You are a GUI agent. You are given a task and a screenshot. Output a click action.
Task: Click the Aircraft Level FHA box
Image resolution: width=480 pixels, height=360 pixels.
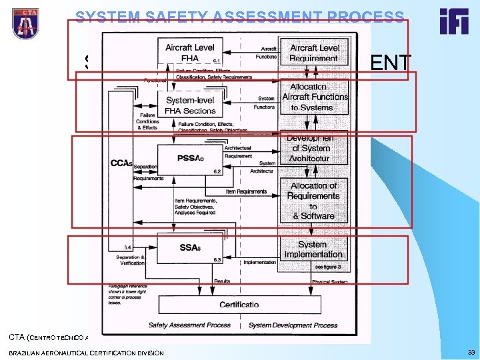[x=189, y=53]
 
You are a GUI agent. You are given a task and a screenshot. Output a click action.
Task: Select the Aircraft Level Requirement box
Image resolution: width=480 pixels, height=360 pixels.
[x=313, y=53]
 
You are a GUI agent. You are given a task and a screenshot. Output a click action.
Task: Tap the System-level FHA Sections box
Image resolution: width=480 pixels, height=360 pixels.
[x=190, y=105]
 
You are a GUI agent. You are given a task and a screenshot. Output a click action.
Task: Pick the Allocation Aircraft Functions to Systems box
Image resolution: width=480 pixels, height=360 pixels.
[x=315, y=97]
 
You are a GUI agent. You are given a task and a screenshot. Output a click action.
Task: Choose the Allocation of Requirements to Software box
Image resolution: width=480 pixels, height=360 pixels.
[x=313, y=201]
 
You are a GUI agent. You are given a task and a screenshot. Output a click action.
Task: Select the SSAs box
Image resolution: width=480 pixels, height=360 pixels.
[x=189, y=247]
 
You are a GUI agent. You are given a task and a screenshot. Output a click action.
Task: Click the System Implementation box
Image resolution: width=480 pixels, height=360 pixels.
[x=313, y=249]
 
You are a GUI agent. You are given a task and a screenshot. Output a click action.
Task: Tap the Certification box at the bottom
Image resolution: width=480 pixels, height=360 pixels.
[x=239, y=305]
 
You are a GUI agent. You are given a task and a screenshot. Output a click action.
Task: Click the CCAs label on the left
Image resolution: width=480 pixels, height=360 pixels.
[x=121, y=163]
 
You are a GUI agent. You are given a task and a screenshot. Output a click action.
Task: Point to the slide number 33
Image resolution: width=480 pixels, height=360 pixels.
[x=471, y=353]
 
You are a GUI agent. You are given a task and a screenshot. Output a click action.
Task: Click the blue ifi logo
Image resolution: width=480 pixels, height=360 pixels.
[x=453, y=21]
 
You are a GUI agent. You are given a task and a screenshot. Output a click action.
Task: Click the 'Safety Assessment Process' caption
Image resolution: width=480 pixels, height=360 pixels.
[x=189, y=325]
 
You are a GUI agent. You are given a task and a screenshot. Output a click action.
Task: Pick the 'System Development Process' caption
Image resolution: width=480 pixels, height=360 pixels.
[x=293, y=325]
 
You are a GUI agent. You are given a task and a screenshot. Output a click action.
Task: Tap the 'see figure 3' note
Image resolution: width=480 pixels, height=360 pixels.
[x=327, y=267]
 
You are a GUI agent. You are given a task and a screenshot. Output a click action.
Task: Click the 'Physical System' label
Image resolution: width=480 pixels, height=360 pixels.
[x=329, y=281]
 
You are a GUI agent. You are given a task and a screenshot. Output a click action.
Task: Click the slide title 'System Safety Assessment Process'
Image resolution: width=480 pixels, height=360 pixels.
[x=239, y=17]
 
